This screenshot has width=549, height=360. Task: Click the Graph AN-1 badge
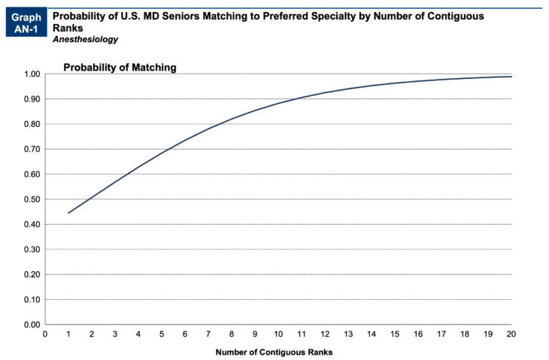[25, 23]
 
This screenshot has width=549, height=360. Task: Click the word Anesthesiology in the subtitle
[85, 39]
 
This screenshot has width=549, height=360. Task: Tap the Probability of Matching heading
[120, 67]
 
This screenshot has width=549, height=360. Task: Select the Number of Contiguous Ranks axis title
[274, 352]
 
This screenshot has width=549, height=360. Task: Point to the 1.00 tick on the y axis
[32, 74]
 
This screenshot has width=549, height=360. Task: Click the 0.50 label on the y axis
[32, 199]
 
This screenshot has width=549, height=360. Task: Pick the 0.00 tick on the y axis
[32, 325]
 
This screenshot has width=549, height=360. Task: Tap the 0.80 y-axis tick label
[32, 124]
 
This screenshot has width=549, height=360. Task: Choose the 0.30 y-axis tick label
[32, 250]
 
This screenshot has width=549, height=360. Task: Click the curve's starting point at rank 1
[68, 213]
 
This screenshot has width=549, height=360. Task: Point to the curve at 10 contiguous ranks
[278, 103]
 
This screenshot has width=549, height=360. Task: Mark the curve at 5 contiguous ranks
[162, 153]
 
